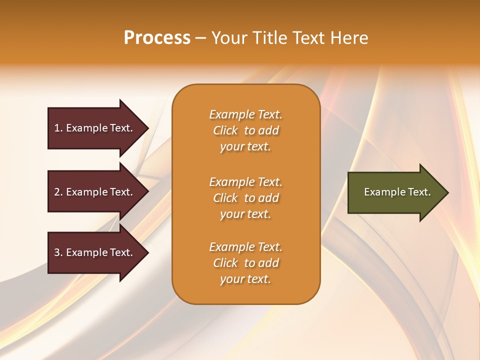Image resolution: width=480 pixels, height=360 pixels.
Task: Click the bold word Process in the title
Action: [x=157, y=38]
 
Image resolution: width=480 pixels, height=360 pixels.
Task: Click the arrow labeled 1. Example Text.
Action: [x=95, y=128]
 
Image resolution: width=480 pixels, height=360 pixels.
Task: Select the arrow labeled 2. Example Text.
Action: [x=95, y=192]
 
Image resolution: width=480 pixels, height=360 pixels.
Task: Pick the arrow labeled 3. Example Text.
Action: [x=95, y=252]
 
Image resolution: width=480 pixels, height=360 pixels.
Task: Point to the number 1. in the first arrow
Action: [x=58, y=128]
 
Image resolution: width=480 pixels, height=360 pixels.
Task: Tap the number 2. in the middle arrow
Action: [x=58, y=192]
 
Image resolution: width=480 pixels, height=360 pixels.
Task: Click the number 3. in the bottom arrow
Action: [x=58, y=252]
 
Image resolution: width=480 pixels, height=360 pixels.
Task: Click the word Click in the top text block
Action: [x=225, y=131]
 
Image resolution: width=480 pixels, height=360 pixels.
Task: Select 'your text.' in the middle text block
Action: [x=245, y=214]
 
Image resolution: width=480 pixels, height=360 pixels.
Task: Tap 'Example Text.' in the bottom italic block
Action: [x=245, y=247]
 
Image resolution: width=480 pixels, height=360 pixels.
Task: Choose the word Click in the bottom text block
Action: [x=225, y=263]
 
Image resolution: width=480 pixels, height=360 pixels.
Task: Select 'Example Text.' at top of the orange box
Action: [x=245, y=115]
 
